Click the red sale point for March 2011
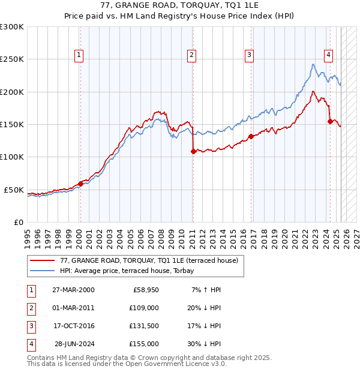point(193,151)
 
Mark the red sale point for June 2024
point(330,121)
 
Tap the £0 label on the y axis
point(18,222)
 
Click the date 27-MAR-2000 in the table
point(73,290)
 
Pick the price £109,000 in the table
point(144,308)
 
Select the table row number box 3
point(31,326)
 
